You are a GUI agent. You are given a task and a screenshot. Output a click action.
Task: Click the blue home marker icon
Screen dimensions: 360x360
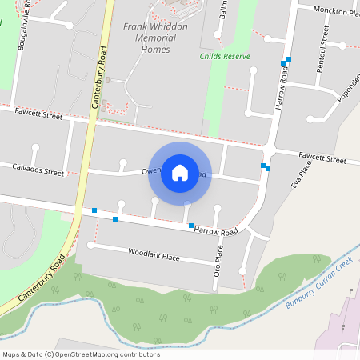(x=180, y=173)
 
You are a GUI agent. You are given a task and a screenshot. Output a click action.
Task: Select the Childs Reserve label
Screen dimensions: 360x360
(x=225, y=57)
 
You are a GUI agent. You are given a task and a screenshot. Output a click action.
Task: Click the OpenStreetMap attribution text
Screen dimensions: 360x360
(x=81, y=354)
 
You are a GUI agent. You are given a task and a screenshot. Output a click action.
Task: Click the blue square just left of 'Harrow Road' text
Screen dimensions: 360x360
(x=190, y=226)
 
